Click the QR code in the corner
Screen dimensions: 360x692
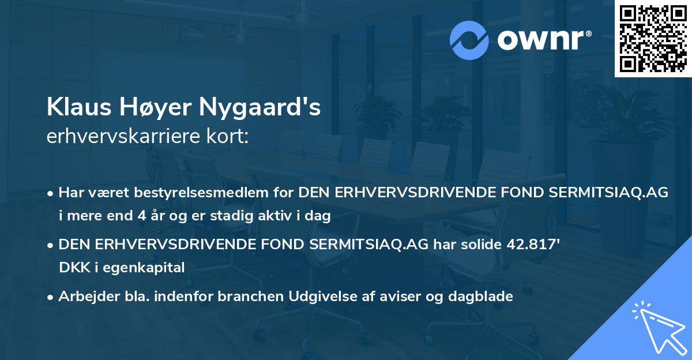(x=652, y=38)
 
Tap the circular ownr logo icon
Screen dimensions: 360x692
(x=469, y=40)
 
